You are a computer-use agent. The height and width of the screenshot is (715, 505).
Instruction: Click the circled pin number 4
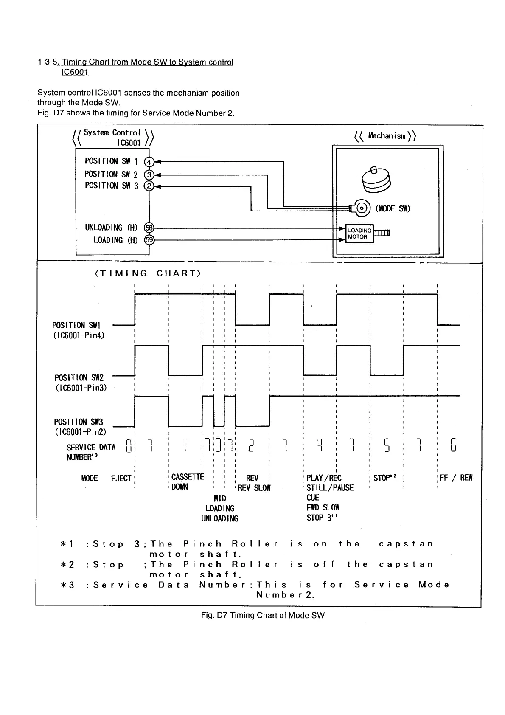[x=149, y=162]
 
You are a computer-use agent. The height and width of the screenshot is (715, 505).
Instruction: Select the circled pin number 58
[x=149, y=228]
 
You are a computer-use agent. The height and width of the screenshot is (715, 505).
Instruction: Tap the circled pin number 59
[x=149, y=240]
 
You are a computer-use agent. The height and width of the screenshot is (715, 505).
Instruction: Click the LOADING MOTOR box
[x=359, y=234]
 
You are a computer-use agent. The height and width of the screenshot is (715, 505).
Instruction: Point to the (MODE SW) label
[x=393, y=208]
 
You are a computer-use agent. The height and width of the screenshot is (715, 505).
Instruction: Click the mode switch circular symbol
[x=362, y=208]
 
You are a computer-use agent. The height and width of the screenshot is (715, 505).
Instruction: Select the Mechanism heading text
[x=386, y=136]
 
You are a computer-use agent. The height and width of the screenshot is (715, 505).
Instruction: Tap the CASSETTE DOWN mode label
[x=187, y=481]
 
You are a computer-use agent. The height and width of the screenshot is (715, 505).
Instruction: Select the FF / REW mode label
[x=456, y=478]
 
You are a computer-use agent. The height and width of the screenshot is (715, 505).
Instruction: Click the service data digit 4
[x=320, y=445]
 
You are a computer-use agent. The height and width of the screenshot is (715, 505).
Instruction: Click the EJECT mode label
[x=121, y=479]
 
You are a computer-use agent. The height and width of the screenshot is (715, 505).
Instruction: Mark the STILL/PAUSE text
[x=330, y=488]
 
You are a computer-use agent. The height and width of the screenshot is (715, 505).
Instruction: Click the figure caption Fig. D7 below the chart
[x=263, y=615]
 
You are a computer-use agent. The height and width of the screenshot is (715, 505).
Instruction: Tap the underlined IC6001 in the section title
[x=75, y=72]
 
